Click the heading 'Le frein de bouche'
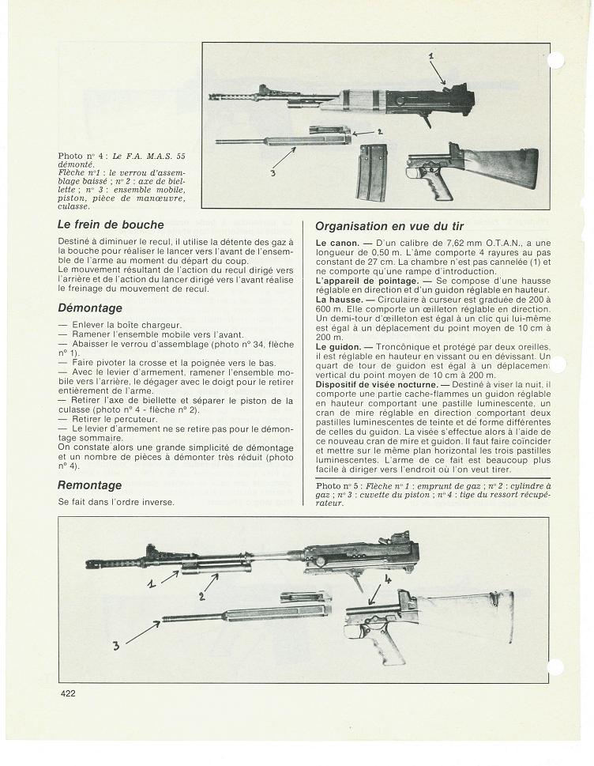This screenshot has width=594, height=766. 111,225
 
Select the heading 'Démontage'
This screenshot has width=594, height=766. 90,308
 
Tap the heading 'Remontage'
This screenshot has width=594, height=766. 89,485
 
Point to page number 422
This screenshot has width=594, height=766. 67,693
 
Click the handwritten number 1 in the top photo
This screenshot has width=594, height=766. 432,56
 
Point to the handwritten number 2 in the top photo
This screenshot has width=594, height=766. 380,131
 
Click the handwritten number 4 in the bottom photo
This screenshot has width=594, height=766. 388,578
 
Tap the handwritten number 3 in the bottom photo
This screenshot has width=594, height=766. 117,645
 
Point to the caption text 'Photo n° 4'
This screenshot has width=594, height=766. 79,156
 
